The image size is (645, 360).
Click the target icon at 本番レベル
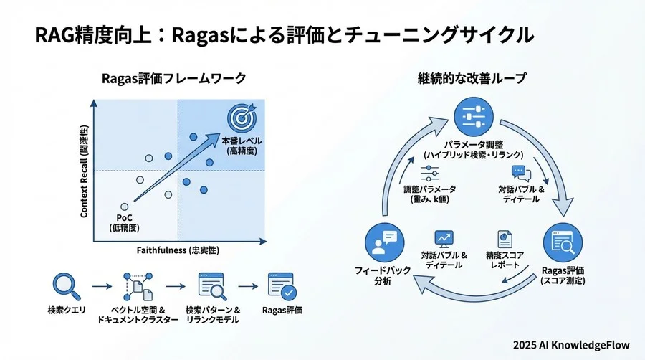pos(241,117)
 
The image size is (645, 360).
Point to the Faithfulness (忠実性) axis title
pos(177,250)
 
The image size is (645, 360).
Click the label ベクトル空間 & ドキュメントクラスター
pos(138,315)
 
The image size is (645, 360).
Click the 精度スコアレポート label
pos(502,259)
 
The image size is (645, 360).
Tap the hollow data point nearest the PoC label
pos(125,206)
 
